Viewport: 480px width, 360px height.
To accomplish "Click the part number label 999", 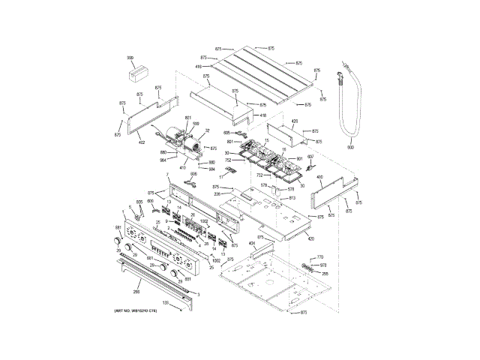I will [130, 58].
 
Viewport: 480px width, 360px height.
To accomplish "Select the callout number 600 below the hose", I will [350, 148].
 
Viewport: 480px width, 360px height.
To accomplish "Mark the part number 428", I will [294, 121].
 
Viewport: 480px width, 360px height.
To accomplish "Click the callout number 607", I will [310, 157].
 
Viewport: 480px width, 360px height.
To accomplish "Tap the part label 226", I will [217, 193].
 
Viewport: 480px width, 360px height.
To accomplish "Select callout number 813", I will [292, 198].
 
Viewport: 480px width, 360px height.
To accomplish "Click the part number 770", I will [319, 257].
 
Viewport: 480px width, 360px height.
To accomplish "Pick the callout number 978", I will [322, 265].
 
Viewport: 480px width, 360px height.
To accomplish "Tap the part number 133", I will [166, 302].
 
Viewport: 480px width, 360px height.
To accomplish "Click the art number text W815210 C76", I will [136, 310].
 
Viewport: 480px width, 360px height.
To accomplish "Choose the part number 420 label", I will [310, 238].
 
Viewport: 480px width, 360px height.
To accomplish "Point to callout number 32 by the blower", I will [207, 130].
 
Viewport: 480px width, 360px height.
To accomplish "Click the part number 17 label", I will [220, 177].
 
